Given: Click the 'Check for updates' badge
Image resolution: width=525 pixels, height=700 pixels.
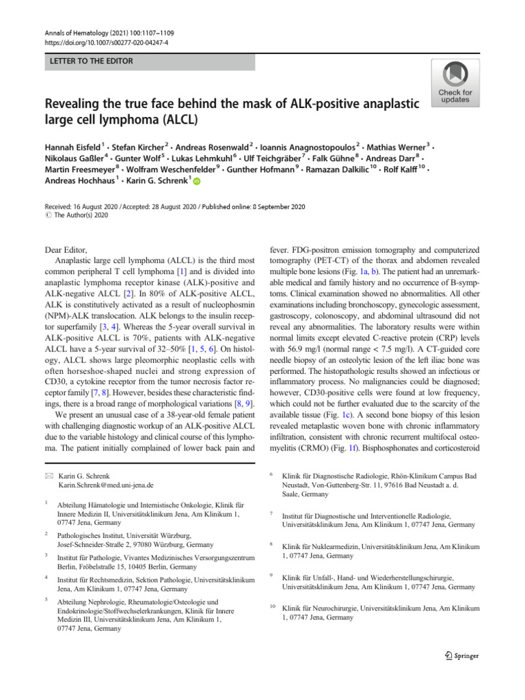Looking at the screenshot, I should pyautogui.click(x=455, y=83).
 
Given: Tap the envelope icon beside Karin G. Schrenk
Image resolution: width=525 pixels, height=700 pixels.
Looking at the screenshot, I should pyautogui.click(x=48, y=473).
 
